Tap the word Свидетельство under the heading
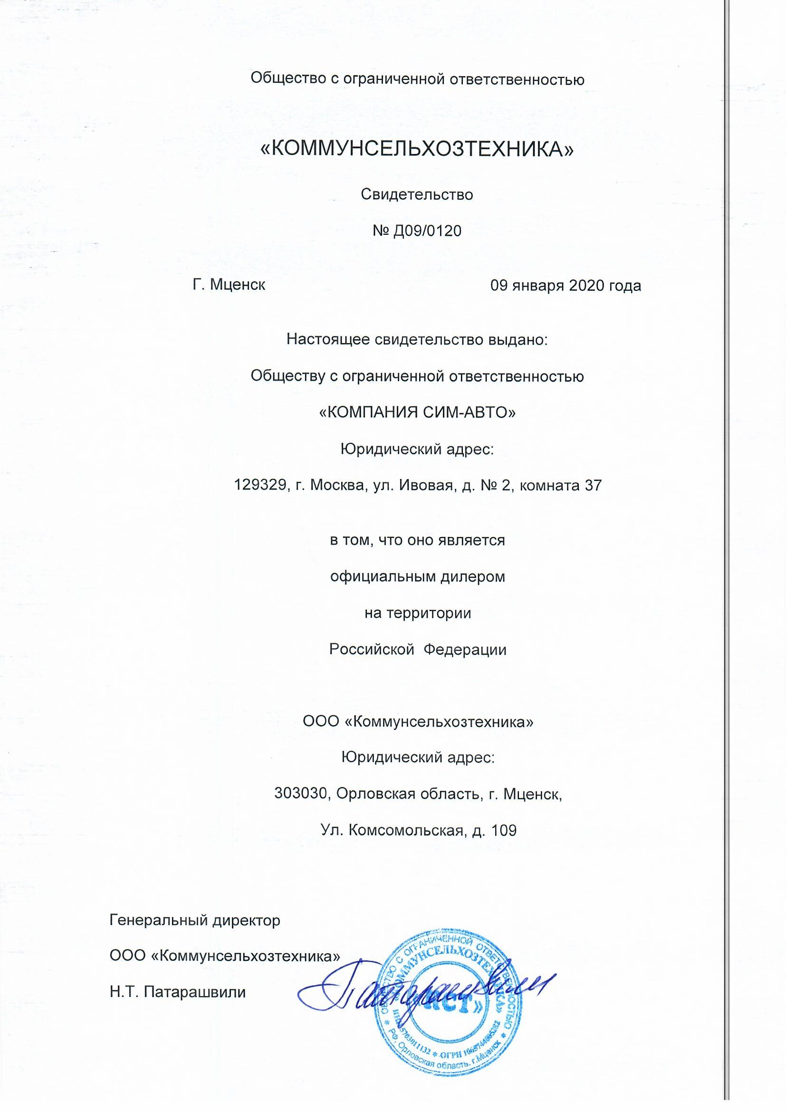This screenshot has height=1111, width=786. point(417,194)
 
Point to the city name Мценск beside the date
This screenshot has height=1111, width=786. point(237,285)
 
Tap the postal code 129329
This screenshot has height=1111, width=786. point(259,485)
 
